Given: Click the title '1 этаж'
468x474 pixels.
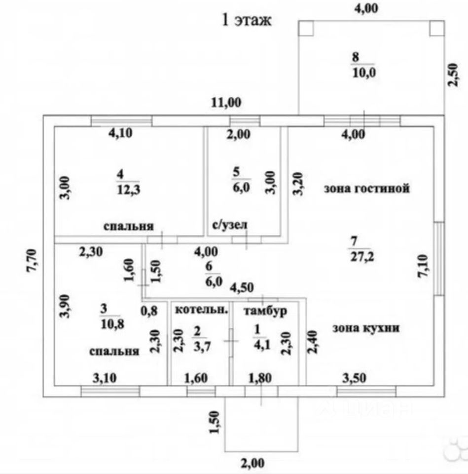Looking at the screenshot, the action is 247,20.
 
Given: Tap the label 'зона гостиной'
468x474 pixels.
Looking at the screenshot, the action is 367,188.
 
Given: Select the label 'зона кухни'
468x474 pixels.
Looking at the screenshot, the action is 366,328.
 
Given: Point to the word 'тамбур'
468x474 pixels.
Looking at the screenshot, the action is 265,311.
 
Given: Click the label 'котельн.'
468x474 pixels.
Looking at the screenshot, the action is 201,310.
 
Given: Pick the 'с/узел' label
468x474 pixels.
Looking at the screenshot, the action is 230,225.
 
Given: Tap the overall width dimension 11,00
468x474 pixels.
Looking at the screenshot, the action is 226,103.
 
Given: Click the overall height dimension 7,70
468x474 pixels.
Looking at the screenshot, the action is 32,260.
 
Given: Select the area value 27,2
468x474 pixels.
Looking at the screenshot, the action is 362,257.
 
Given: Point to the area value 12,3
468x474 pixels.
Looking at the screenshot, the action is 129,190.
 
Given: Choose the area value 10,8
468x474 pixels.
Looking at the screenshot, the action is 112,324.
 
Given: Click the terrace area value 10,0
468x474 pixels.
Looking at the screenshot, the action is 364,73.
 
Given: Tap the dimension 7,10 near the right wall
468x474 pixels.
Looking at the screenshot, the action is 423,266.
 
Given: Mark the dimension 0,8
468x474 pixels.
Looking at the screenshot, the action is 149,311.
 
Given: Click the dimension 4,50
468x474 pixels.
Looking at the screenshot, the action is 242,287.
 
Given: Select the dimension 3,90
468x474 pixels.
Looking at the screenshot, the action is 65,306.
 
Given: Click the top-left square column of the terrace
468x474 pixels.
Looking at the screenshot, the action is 306,28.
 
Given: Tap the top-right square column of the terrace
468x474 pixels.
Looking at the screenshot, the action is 437,28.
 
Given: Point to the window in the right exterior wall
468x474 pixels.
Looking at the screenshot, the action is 439,258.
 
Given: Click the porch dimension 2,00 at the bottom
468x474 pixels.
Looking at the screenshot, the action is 252,463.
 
